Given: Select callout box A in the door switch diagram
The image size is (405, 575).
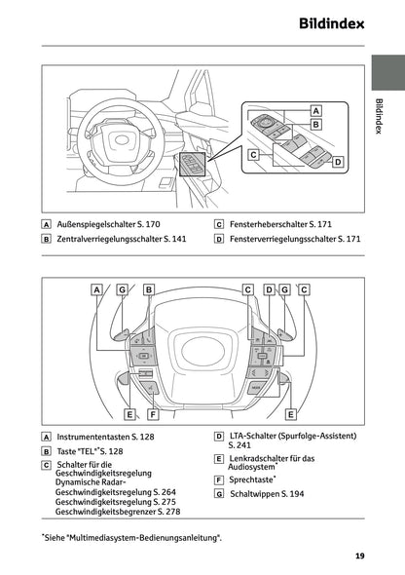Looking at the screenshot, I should click(315, 111).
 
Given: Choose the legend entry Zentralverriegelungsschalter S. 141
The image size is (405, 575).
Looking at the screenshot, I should click(121, 239).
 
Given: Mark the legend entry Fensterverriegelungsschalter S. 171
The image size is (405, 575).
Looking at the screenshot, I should click(293, 239).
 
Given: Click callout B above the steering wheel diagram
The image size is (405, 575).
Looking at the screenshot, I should click(148, 289).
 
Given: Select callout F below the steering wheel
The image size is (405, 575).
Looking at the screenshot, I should click(153, 414).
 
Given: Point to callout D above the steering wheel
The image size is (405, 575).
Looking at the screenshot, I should click(269, 289).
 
